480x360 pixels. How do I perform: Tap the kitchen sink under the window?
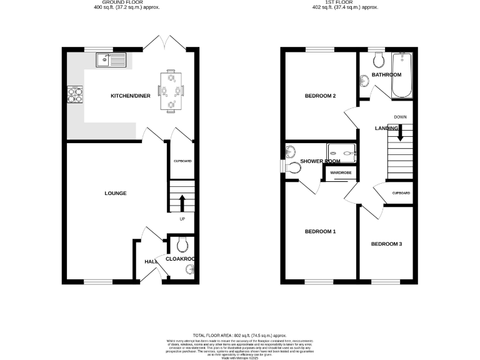coord(110,60)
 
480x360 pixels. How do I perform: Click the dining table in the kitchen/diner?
coord(171,91)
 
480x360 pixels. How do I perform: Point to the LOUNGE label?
coord(116,194)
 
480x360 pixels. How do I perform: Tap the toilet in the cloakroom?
coord(181,244)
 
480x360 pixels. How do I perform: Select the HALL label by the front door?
coord(151,262)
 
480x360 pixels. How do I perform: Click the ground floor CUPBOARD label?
coord(182,161)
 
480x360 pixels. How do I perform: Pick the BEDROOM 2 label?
coord(321,96)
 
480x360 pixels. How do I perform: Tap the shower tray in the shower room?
coord(341,151)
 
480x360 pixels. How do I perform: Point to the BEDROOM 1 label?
coord(321,232)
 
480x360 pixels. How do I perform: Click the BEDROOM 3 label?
coord(386,243)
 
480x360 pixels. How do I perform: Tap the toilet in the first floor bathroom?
coord(377,61)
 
